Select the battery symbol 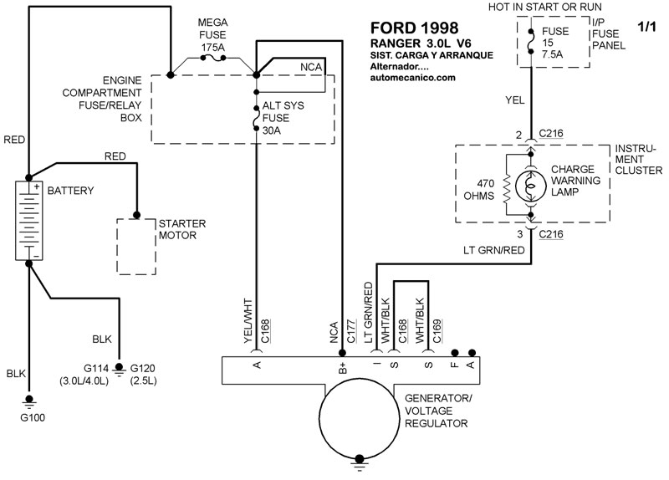(x=28, y=219)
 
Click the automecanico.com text (x=412, y=78)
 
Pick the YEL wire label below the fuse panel (x=516, y=99)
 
